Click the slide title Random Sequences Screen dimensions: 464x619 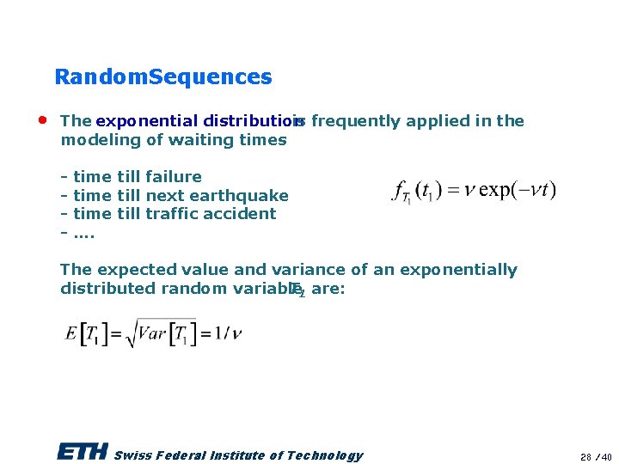(x=162, y=77)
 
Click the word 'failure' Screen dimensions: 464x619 (x=174, y=177)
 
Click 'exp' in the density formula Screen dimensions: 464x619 (x=496, y=189)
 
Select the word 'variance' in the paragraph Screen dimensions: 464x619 (x=305, y=270)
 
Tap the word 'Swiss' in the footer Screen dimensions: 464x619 (x=130, y=455)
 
